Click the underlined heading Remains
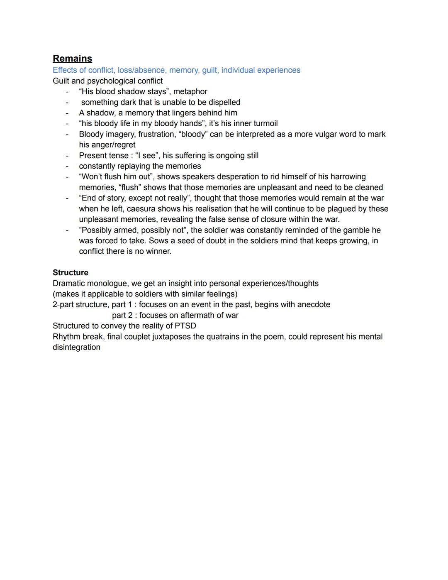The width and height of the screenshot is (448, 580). pos(72,59)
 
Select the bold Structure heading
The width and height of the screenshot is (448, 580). pos(71,273)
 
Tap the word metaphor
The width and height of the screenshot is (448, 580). pos(190,91)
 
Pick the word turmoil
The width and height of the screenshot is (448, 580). pos(262,123)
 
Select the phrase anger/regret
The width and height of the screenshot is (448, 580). pos(107,145)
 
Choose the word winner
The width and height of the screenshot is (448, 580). pos(157,251)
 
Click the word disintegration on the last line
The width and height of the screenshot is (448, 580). pos(76,348)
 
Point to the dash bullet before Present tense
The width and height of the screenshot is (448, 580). pos(67,156)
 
